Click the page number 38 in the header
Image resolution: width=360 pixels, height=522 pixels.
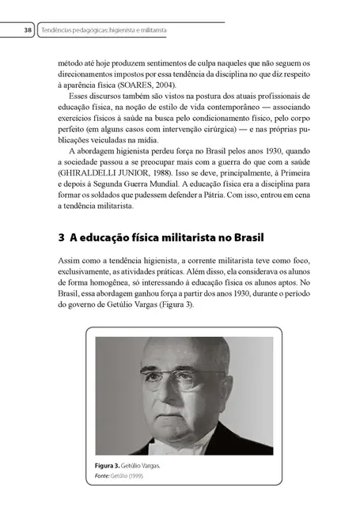point(28,31)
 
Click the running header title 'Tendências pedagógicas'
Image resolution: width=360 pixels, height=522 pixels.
point(88,31)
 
